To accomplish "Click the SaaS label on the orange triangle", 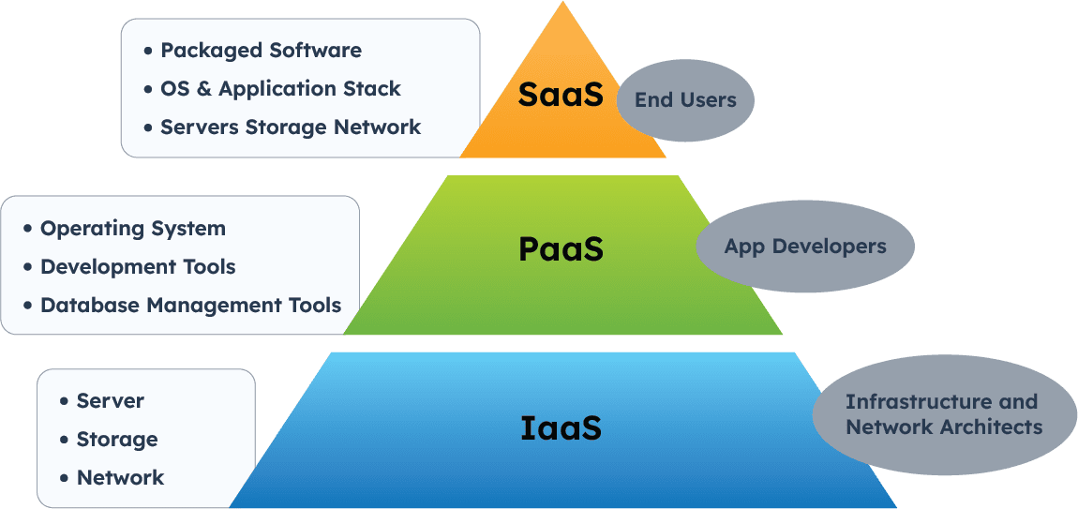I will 561,95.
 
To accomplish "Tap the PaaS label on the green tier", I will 561,249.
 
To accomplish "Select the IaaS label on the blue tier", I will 560,427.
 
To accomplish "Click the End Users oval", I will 685,100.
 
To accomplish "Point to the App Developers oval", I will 804,247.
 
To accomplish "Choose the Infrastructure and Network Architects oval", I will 943,414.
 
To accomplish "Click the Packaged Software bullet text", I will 261,51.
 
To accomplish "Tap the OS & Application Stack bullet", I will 280,89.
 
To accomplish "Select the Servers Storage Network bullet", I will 291,127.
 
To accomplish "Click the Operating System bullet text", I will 132,229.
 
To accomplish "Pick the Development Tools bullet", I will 138,267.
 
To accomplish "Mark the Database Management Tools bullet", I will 190,305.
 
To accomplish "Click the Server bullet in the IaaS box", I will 110,401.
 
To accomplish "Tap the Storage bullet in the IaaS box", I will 116,440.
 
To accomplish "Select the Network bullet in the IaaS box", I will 120,478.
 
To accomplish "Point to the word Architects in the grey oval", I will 991,427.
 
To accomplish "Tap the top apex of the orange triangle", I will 563,4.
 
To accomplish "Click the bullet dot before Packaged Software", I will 148,51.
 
